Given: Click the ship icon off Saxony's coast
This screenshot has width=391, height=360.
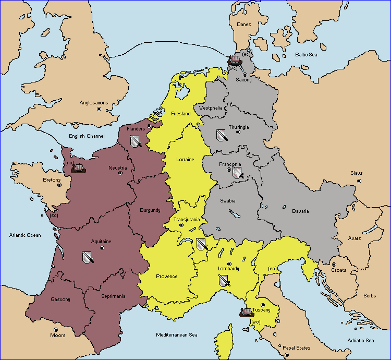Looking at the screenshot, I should [x=235, y=59].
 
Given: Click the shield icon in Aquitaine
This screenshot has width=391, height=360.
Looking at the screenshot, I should [x=88, y=257].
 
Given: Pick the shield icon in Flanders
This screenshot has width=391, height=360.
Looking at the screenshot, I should [x=135, y=140].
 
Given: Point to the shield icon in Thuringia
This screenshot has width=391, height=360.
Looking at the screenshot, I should [x=222, y=135].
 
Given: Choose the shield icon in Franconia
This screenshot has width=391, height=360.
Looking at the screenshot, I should [x=237, y=172].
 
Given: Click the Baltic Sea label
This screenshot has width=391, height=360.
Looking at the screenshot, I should [x=307, y=54].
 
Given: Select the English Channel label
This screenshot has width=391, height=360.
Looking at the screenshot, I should [x=87, y=136].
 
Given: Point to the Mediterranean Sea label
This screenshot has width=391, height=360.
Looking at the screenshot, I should [x=177, y=334].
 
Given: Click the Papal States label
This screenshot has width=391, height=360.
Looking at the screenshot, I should [x=296, y=347].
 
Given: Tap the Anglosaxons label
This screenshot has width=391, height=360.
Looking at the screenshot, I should [x=94, y=103].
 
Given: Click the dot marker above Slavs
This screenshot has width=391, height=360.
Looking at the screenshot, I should [x=359, y=181].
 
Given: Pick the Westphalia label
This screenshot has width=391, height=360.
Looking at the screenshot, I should [x=211, y=108].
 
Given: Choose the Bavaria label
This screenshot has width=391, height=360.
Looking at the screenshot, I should [x=300, y=211].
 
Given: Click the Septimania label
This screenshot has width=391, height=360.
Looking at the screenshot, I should [x=113, y=296].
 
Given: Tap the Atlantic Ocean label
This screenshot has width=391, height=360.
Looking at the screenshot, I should [x=25, y=235].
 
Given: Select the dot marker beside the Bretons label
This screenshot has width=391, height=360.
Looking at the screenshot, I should [x=59, y=185].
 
